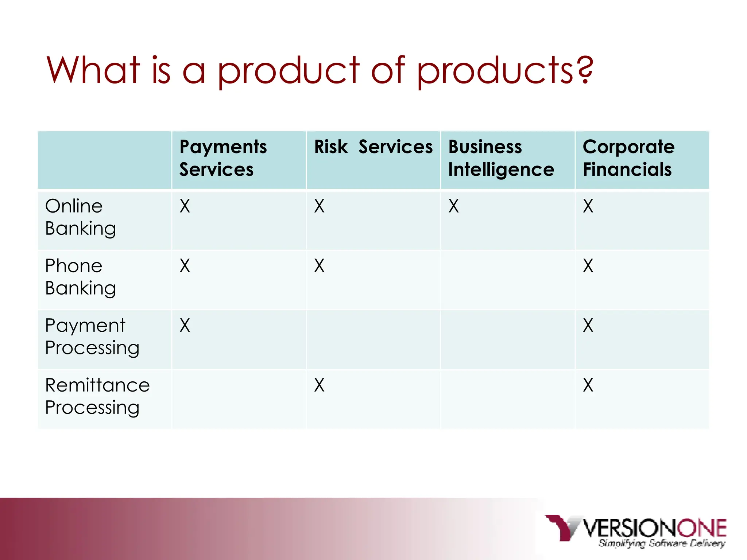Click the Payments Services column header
click(223, 158)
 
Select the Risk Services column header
click(373, 147)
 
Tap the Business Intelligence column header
click(501, 158)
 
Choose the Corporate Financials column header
click(628, 158)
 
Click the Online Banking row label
click(81, 217)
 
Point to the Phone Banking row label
click(81, 277)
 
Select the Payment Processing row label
click(92, 337)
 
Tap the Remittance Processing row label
click(97, 396)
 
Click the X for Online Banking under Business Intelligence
click(453, 206)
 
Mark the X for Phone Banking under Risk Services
click(319, 266)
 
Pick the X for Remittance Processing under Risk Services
click(319, 385)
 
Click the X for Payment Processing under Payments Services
click(185, 326)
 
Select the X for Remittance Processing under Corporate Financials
click(588, 385)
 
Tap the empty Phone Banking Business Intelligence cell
click(507, 280)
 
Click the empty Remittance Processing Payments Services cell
click(239, 399)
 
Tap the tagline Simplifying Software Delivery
click(662, 543)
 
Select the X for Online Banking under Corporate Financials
click(588, 206)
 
